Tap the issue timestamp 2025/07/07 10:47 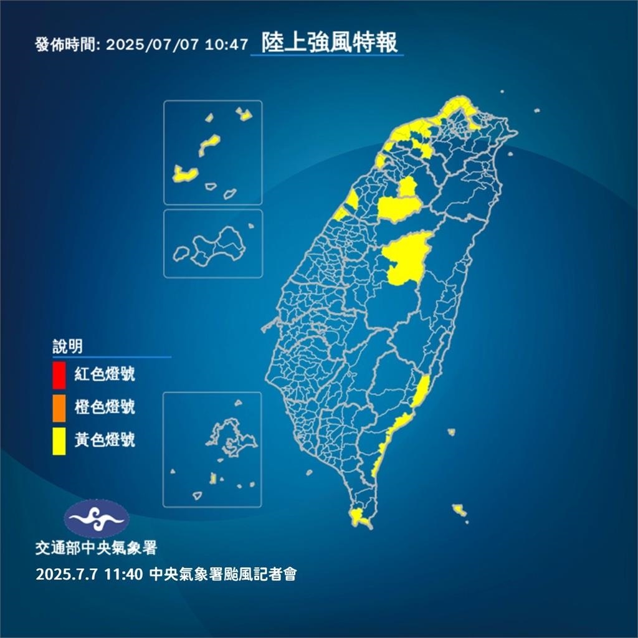point(177,45)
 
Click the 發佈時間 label point(68,45)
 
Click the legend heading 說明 point(67,346)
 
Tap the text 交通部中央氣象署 point(96,548)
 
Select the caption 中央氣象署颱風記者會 point(223,574)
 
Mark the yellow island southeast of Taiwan point(459,510)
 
